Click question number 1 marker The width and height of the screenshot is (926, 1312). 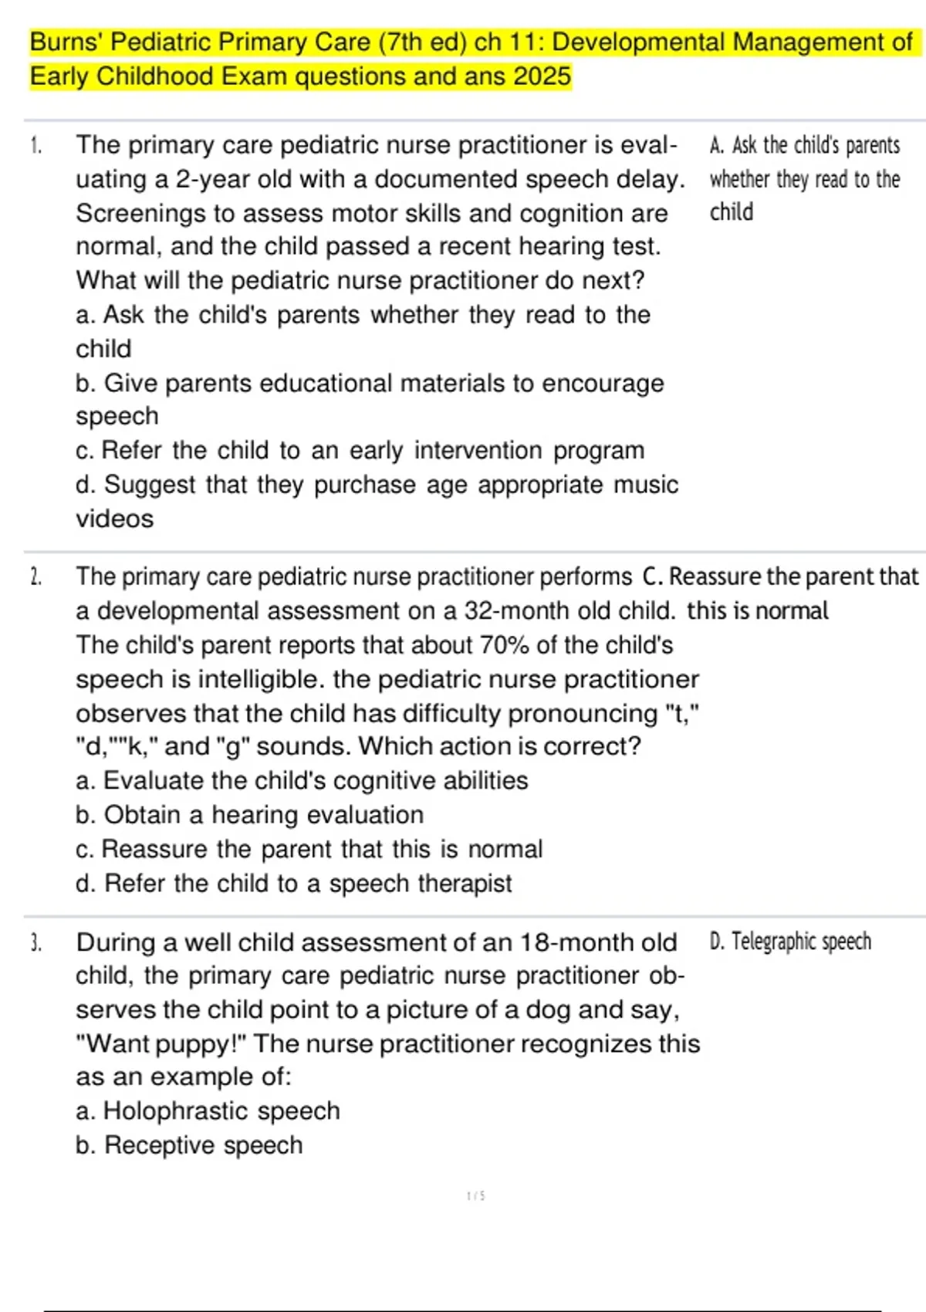click(35, 145)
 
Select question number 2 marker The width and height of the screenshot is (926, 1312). click(35, 577)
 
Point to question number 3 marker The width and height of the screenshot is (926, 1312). click(35, 942)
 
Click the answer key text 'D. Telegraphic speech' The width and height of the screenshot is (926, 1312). click(790, 942)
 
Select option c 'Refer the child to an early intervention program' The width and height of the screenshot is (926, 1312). click(360, 450)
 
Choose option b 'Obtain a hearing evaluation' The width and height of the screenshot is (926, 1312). click(249, 815)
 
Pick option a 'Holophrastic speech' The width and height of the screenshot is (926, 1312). click(208, 1111)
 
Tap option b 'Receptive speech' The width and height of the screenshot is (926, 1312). click(189, 1145)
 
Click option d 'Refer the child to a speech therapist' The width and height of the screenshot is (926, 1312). click(293, 883)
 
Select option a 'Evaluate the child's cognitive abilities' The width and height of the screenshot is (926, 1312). click(302, 780)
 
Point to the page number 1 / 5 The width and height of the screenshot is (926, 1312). click(475, 1196)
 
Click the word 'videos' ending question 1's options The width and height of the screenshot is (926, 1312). click(114, 519)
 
